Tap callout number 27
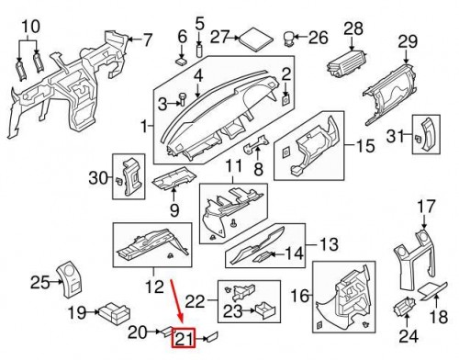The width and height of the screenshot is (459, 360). (x=218, y=37)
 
